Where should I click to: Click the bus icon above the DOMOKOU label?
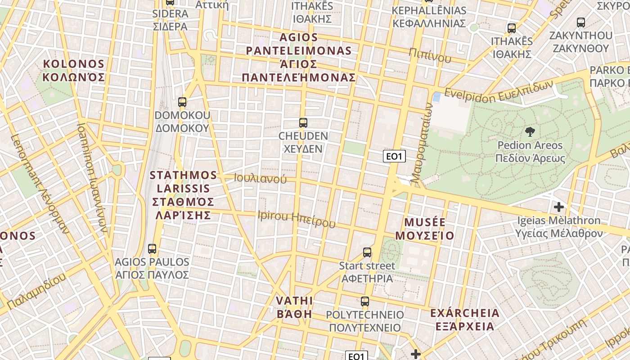182,102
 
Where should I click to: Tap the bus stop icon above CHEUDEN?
303,123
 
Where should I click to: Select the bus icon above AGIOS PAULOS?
152,249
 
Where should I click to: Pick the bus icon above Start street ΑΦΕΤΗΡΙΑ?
367,252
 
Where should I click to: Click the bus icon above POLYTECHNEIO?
365,301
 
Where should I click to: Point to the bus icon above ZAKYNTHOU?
581,22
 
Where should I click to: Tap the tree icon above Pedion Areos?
530,132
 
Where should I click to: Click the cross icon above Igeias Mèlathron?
559,207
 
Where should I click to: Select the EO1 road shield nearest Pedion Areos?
394,157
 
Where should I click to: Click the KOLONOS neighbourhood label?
74,71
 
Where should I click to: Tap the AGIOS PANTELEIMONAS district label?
299,57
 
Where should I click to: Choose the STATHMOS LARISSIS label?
183,195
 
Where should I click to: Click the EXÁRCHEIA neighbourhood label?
464,319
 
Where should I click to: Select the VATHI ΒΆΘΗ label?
294,307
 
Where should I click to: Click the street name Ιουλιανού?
260,178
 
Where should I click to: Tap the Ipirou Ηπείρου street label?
297,219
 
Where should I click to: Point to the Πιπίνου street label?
430,55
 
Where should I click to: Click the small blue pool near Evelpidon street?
436,97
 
